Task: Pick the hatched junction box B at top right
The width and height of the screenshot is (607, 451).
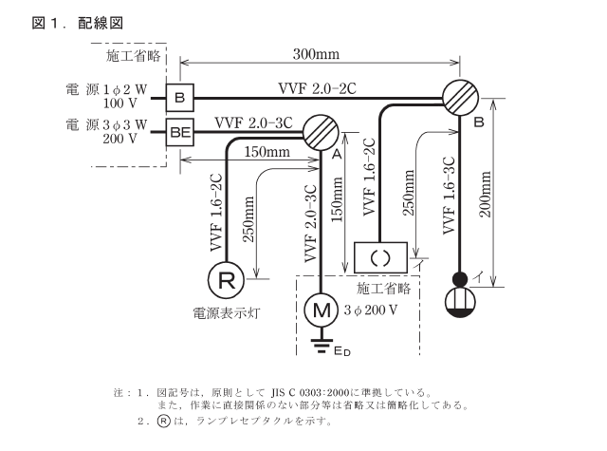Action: pos(460,98)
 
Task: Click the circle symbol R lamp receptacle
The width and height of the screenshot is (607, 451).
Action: pos(226,280)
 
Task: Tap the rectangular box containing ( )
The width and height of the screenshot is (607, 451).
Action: pos(380,256)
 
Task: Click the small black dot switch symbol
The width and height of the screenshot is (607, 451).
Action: pos(459,278)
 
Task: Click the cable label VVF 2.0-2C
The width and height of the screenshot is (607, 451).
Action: pos(317,88)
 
